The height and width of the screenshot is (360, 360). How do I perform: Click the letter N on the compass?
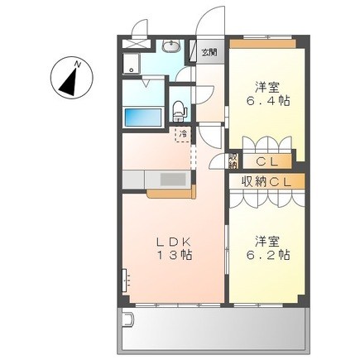click(78, 65)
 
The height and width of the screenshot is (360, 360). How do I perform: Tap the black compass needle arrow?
click(70, 82)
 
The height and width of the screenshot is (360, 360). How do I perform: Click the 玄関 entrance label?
click(209, 52)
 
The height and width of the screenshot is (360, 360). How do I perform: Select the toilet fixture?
click(180, 110)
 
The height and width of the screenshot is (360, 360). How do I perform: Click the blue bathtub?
click(143, 118)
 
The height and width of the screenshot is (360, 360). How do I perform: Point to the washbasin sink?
click(170, 46)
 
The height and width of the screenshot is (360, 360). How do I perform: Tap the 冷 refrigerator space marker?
click(183, 135)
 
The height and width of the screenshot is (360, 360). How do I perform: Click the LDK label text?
click(174, 242)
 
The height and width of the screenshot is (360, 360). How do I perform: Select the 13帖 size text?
click(175, 255)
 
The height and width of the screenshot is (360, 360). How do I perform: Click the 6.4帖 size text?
click(268, 101)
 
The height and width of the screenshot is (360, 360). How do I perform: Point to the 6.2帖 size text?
click(268, 255)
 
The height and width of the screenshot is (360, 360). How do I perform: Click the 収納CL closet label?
click(266, 182)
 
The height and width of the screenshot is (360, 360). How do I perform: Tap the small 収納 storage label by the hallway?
click(233, 161)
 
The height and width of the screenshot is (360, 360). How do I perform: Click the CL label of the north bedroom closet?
click(266, 162)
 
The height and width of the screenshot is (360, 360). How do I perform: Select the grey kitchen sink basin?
click(173, 180)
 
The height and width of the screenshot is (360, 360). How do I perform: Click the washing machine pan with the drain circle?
click(132, 64)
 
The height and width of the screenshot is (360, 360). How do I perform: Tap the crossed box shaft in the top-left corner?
click(137, 44)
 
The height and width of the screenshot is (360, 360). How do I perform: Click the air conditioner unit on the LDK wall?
click(126, 281)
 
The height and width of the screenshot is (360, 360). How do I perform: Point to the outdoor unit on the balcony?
click(128, 319)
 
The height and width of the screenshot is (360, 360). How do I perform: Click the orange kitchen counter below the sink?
click(171, 193)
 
